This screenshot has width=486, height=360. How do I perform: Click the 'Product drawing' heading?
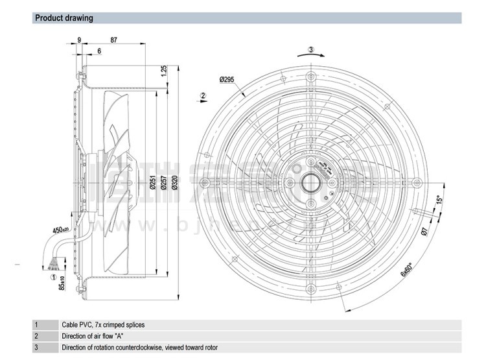coord(64,18)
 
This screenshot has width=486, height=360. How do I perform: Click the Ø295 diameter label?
coord(227,79)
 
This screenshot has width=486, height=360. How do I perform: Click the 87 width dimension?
coord(114,40)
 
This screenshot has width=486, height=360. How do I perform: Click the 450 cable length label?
coord(60,230)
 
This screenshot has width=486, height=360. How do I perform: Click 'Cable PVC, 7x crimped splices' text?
coord(104,324)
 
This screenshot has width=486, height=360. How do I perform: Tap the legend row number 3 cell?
coord(36,348)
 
